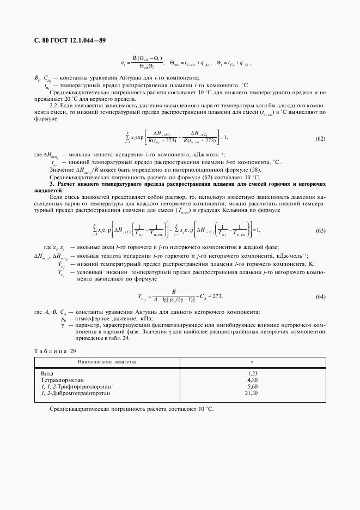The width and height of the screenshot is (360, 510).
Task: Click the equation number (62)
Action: pyautogui.click(x=320, y=138)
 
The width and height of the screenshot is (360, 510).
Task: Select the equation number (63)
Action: pyautogui.click(x=320, y=231)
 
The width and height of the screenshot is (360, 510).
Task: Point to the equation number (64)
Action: pyautogui.click(x=320, y=296)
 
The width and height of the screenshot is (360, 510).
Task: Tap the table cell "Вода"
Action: pyautogui.click(x=47, y=373)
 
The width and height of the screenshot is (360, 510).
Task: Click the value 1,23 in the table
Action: pyautogui.click(x=252, y=373)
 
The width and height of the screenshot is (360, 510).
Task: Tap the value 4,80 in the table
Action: pyautogui.click(x=252, y=380)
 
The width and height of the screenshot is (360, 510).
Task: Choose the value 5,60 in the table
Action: pyautogui.click(x=252, y=386)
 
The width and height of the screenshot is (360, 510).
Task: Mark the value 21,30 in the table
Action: pyautogui.click(x=251, y=393)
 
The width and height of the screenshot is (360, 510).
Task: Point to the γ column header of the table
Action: pyautogui.click(x=252, y=362)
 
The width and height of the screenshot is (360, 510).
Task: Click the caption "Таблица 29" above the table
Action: pyautogui.click(x=54, y=351)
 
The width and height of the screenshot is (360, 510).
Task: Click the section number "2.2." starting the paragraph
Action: pyautogui.click(x=54, y=104)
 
